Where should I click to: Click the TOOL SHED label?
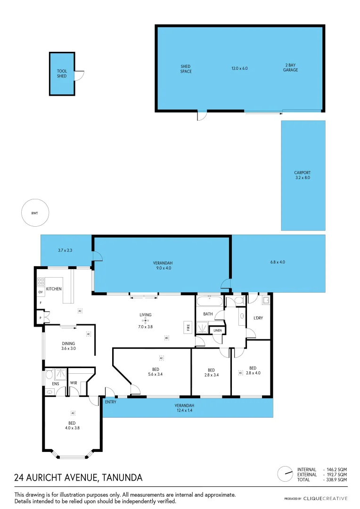click(62, 74)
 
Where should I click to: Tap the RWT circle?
click(35, 213)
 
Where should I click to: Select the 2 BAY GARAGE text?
click(291, 68)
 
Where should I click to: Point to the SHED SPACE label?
click(186, 69)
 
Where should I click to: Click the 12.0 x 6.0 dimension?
click(239, 68)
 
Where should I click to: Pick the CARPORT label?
click(302, 175)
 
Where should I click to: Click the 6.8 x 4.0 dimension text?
click(278, 262)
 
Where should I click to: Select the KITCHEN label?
click(54, 288)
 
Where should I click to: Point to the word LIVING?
click(145, 315)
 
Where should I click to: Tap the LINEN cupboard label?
click(217, 330)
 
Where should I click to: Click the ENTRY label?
click(111, 402)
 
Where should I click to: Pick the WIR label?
click(74, 383)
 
